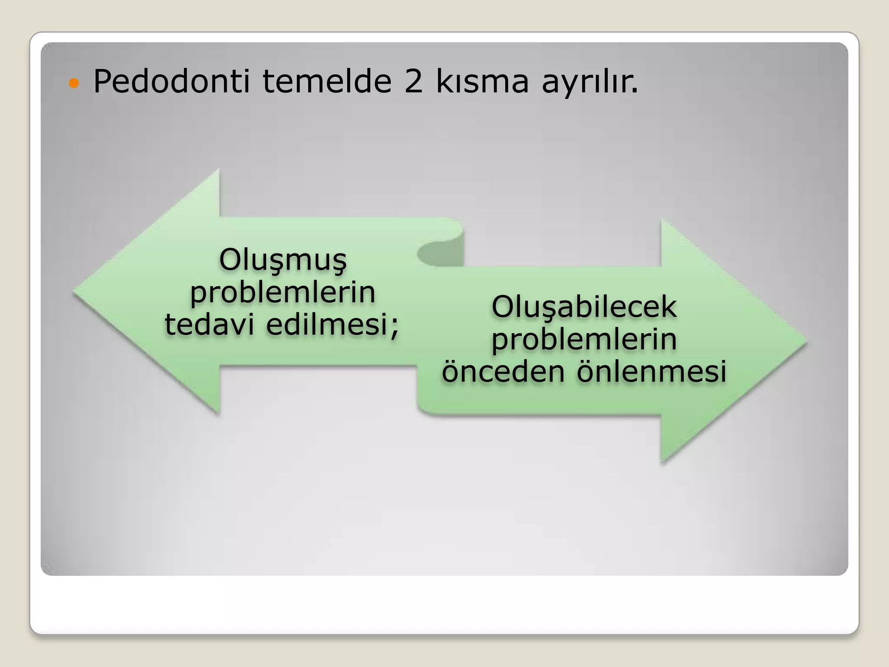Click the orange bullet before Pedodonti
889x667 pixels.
(x=74, y=83)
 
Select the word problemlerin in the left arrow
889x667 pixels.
(x=283, y=294)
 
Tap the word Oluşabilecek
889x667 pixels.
(x=584, y=307)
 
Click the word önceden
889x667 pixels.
(x=503, y=372)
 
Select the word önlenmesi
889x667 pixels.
(x=651, y=372)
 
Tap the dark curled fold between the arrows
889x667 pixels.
(x=438, y=254)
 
